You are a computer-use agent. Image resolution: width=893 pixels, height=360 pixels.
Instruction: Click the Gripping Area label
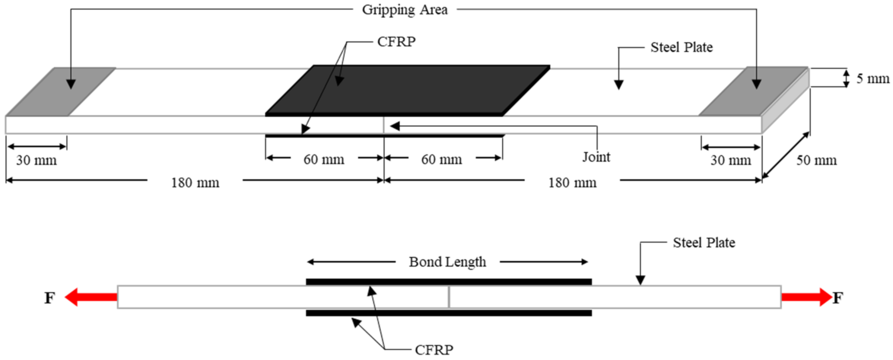coord(405,10)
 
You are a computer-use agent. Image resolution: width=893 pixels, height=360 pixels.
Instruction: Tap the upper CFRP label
coord(396,42)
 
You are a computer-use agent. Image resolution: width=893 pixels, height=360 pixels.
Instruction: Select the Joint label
coord(596,157)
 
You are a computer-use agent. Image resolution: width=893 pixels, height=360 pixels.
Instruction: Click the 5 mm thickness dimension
coord(873,79)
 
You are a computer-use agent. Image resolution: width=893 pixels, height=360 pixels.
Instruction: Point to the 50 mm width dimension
coord(816,160)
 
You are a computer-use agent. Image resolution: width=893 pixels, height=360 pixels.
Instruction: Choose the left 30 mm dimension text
coord(36,160)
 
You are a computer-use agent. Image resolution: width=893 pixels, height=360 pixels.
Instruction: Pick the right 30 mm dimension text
coord(730,160)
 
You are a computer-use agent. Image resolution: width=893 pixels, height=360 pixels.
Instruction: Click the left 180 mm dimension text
coord(195,183)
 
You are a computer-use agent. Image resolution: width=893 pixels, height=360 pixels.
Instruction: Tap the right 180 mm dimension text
coord(572,183)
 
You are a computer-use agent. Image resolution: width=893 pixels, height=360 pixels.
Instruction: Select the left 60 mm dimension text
coord(324,159)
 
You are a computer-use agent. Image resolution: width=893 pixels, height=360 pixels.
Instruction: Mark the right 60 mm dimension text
coord(441,159)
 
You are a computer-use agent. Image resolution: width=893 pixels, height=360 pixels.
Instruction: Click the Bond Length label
coord(447,262)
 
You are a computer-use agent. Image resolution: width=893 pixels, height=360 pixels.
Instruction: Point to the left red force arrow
coord(91,297)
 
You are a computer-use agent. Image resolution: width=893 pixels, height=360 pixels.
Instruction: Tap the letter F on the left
coord(50,298)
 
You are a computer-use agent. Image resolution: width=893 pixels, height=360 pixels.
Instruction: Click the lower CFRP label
coord(434,350)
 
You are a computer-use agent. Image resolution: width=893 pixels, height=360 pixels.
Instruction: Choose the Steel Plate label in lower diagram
coord(703,243)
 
